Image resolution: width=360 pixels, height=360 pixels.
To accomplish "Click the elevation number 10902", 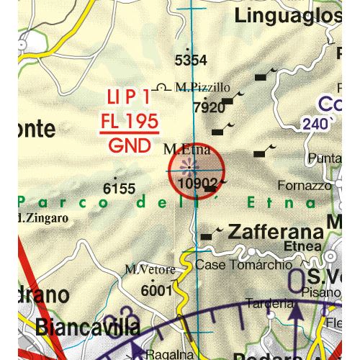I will [x=196, y=184].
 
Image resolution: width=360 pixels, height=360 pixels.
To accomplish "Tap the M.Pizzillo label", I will [x=202, y=87].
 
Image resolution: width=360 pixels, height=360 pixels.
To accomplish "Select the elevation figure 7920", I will [x=210, y=108].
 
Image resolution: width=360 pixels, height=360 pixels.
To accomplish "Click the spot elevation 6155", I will [x=119, y=189].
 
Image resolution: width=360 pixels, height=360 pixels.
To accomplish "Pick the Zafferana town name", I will [x=275, y=233].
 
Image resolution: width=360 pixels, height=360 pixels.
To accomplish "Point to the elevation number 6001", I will [x=156, y=290].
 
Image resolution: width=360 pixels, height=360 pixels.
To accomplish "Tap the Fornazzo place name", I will [x=305, y=186].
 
